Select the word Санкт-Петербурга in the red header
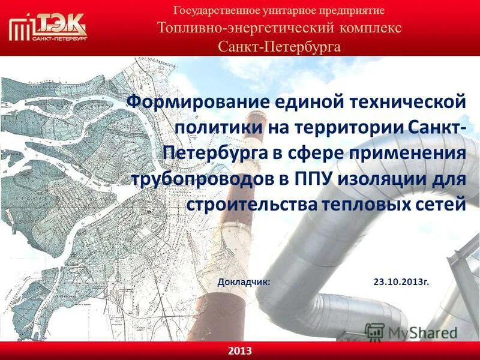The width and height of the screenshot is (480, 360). (x=280, y=46)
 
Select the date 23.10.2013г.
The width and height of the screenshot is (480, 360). (x=401, y=281)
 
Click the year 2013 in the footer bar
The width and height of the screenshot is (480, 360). (x=240, y=350)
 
